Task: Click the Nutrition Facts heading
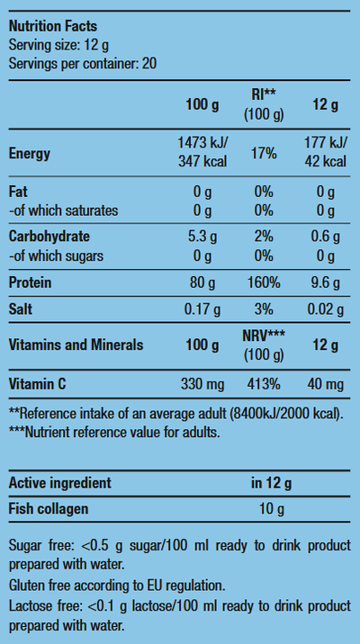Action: point(53,26)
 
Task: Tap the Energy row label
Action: point(30,154)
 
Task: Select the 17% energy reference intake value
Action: point(264,154)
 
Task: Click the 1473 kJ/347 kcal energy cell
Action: point(202,152)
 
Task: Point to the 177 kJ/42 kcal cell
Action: point(325,152)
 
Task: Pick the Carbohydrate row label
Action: point(49,237)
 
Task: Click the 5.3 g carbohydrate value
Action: point(202,237)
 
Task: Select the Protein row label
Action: point(30,282)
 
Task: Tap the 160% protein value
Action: point(264,282)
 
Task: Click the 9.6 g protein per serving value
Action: point(325,283)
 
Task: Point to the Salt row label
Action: point(20,309)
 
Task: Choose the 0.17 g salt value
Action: point(202,309)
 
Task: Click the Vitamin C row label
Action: point(38,384)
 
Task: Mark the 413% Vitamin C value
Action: point(264,384)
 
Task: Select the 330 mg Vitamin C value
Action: point(202,384)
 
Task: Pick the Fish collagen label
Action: point(49,509)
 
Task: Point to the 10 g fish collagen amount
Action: point(272,510)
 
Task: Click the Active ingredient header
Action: point(60,483)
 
